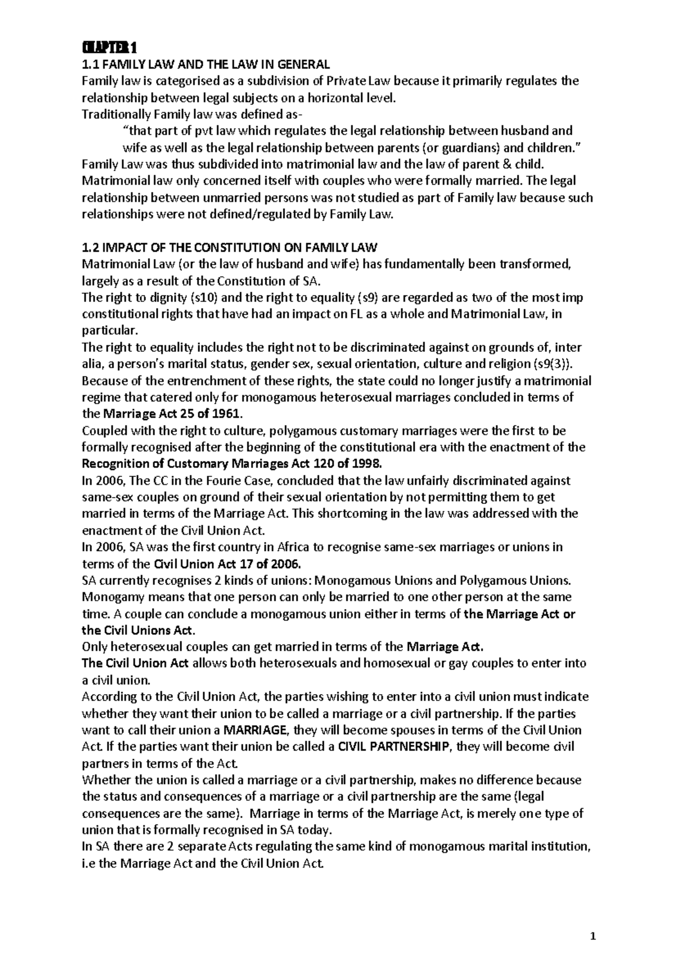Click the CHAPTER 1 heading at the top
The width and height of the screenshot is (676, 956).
point(106,47)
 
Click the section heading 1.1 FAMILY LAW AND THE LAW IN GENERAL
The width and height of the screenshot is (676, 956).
point(206,64)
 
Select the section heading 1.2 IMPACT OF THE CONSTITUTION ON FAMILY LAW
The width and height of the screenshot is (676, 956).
point(230,247)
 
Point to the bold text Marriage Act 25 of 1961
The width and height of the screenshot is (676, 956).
point(172,414)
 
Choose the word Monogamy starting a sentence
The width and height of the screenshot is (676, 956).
point(110,597)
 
